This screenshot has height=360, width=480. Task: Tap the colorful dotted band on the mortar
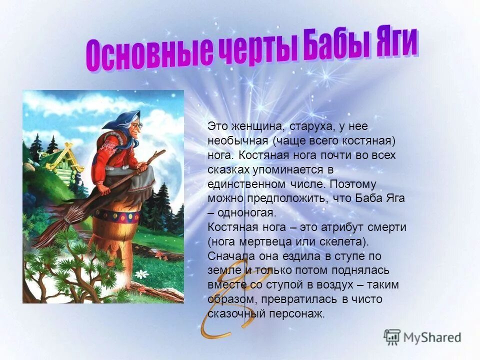point(116,216)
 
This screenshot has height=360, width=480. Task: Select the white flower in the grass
point(142,274)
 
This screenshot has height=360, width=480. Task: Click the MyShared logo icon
point(392,336)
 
